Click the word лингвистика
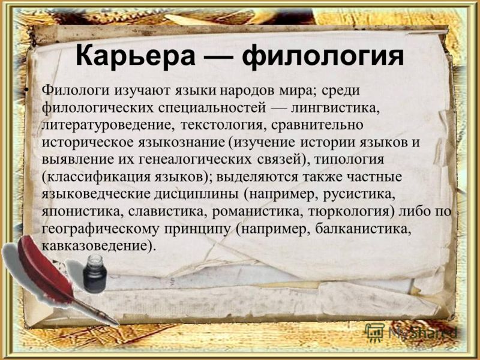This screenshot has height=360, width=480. coord(335,108)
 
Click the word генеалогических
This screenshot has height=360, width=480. coord(196,160)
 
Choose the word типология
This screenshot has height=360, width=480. coord(349,160)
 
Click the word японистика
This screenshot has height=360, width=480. coord(82,212)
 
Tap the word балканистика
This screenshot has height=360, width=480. coord(362,229)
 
